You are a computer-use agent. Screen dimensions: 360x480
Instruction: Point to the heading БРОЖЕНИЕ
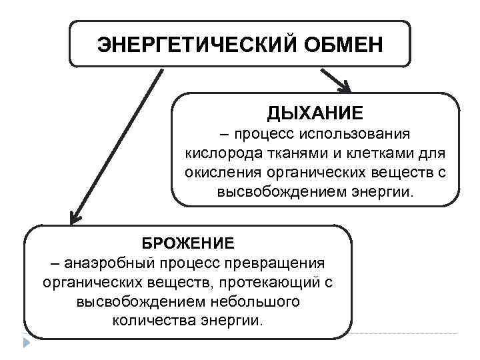click(x=188, y=242)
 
